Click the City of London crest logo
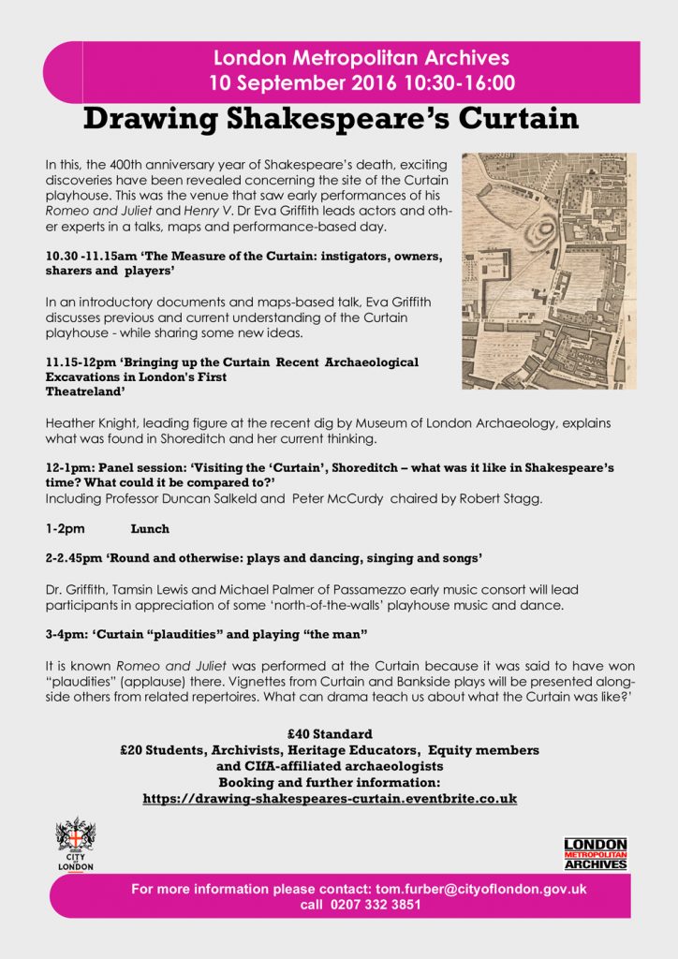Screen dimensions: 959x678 click(76, 843)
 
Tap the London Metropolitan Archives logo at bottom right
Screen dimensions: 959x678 click(595, 852)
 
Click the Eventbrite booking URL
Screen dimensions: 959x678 click(330, 799)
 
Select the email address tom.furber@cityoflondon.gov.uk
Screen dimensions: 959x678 click(480, 889)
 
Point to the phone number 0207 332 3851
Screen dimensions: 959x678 click(375, 905)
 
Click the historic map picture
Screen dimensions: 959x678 click(549, 271)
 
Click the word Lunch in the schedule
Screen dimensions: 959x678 click(150, 529)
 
